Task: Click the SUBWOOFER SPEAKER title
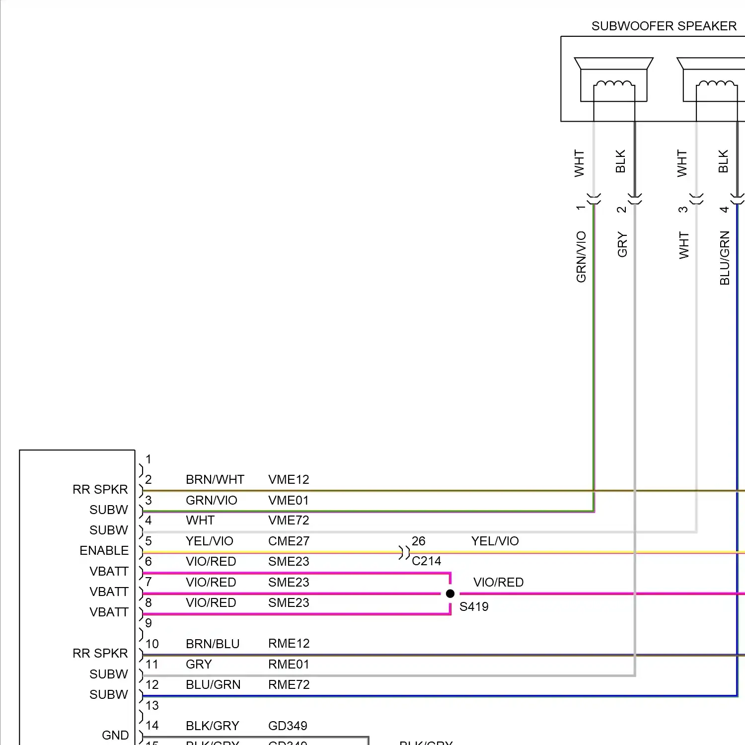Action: click(x=664, y=26)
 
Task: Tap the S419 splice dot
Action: click(x=450, y=594)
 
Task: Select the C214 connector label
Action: click(x=426, y=561)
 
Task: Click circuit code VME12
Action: click(x=289, y=479)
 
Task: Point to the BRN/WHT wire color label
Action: click(x=215, y=479)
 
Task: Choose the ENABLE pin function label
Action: click(x=104, y=550)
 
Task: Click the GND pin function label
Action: click(x=115, y=735)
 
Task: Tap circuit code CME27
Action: click(x=289, y=541)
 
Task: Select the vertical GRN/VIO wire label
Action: click(x=581, y=257)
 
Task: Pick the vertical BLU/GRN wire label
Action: click(x=725, y=258)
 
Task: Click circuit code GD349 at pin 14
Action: click(x=288, y=726)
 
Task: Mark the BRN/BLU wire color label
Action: click(x=213, y=644)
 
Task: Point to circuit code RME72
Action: click(x=289, y=684)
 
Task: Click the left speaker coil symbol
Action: click(x=614, y=84)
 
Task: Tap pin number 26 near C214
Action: click(x=418, y=541)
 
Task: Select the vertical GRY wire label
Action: click(x=622, y=245)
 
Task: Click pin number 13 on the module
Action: click(x=152, y=705)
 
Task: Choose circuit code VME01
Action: click(x=288, y=500)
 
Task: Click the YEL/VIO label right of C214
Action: click(x=495, y=541)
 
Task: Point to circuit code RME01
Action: click(x=289, y=664)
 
